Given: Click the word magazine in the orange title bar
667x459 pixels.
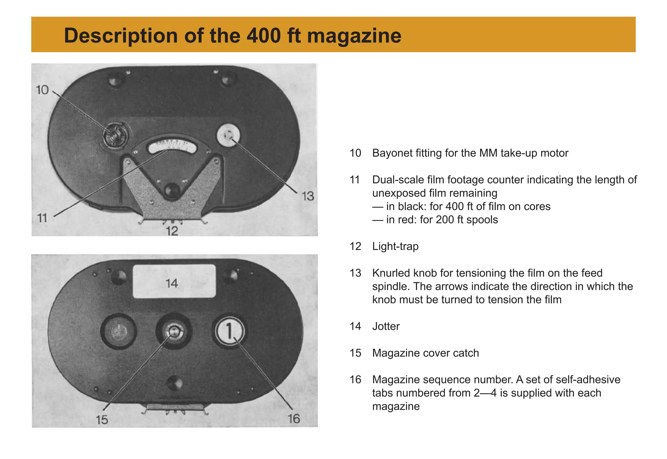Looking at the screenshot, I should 354,36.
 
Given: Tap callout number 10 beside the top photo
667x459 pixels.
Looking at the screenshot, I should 42,90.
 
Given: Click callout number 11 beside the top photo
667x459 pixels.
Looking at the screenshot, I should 42,218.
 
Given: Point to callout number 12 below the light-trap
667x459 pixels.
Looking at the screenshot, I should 172,231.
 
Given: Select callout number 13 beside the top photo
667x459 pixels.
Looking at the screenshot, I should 307,196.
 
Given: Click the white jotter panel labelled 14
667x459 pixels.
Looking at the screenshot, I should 174,281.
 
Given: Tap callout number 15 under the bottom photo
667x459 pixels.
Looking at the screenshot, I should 102,420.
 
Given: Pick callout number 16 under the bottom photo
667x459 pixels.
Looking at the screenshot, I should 294,419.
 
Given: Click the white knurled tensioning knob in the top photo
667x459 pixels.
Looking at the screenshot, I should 228,135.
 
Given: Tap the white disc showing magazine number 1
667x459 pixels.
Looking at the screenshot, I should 229,331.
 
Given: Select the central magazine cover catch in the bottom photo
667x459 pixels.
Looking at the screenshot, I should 174,332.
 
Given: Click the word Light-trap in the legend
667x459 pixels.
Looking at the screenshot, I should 395,246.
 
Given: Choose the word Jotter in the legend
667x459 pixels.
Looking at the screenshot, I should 386,326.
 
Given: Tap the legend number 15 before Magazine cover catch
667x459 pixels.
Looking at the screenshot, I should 355,353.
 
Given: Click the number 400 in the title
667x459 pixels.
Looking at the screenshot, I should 263,36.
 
